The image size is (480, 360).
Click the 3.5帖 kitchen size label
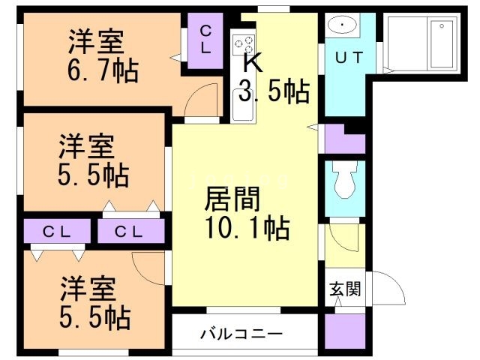click(x=274, y=91)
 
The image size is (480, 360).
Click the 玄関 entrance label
click(x=344, y=288)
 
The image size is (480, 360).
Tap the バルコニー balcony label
click(x=241, y=334)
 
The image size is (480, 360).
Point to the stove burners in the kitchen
click(x=244, y=45)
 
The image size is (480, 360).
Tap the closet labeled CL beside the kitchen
click(x=204, y=38)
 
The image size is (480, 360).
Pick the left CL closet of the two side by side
click(x=56, y=232)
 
